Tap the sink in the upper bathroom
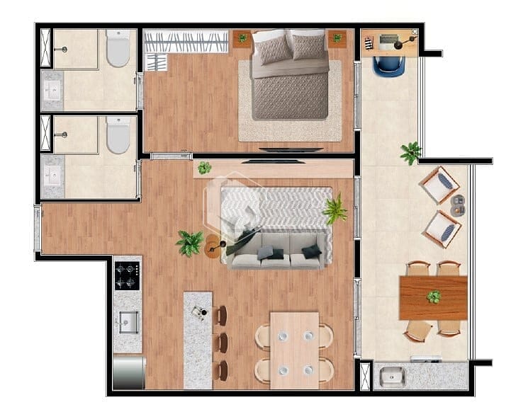(x=52, y=91)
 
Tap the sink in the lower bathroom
(x=52, y=174)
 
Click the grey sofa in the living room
(x=277, y=248)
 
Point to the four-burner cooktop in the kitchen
(x=128, y=275)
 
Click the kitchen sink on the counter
(x=128, y=321)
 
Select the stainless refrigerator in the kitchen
(x=129, y=372)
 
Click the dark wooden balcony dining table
(x=433, y=298)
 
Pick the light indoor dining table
(x=294, y=350)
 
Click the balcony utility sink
(x=391, y=377)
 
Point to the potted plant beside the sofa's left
(x=189, y=243)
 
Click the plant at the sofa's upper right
(x=335, y=210)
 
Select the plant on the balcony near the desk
(x=410, y=151)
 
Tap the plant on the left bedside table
(x=242, y=38)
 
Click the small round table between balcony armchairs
(x=458, y=205)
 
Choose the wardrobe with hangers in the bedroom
(x=186, y=41)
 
